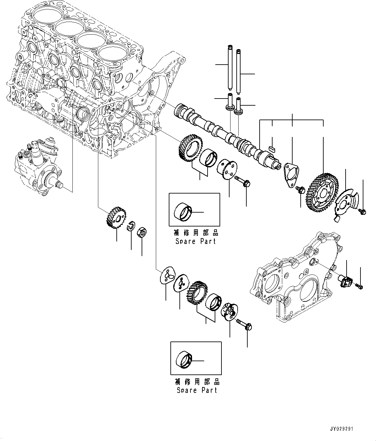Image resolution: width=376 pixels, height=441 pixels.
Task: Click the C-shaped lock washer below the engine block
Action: click(x=131, y=226)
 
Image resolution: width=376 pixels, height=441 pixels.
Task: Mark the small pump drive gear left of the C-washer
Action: click(x=115, y=218)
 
